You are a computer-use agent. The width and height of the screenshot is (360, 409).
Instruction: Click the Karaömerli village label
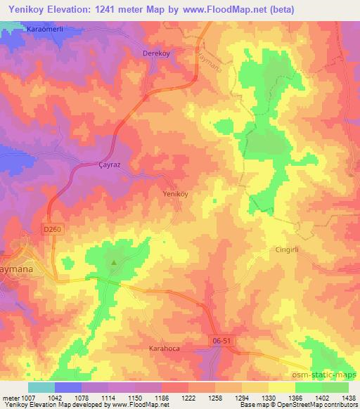tap(46, 30)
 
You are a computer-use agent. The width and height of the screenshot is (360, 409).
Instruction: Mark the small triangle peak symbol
tap(114, 264)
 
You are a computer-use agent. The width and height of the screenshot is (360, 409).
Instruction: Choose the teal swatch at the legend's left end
tap(41, 387)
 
